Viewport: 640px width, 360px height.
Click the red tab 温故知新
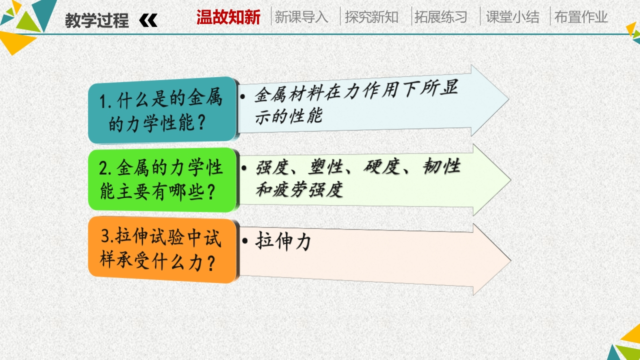tap(228, 17)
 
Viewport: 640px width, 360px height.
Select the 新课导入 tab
tap(301, 17)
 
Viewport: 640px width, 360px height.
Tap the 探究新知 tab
tap(371, 17)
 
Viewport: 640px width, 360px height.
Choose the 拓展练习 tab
tap(441, 17)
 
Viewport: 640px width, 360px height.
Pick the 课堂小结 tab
tap(512, 17)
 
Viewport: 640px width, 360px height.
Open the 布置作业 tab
tap(581, 17)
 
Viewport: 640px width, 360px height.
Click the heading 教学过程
tap(97, 20)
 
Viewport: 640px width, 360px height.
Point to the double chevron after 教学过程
tap(148, 20)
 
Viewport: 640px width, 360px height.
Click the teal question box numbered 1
tap(162, 110)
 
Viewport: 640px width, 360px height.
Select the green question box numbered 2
tap(162, 180)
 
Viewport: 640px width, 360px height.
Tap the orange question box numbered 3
tap(162, 250)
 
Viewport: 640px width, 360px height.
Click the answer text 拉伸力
tap(283, 241)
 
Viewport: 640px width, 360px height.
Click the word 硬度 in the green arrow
tap(381, 166)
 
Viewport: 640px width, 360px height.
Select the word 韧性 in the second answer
tap(441, 165)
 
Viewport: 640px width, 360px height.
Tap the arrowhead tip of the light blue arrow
tap(509, 99)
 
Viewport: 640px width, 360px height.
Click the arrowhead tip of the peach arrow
tap(511, 260)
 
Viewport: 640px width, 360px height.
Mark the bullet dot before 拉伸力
tap(245, 241)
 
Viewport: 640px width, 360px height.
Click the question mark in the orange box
tap(211, 263)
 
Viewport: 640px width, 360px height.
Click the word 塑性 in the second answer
tap(325, 167)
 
